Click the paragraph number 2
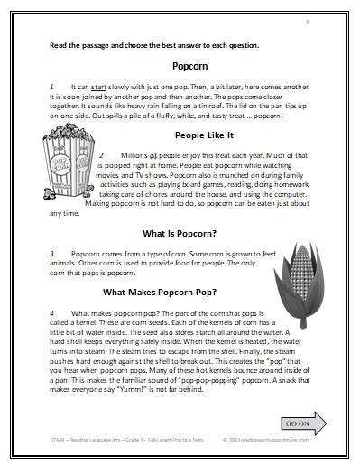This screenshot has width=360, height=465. pyautogui.click(x=113, y=154)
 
